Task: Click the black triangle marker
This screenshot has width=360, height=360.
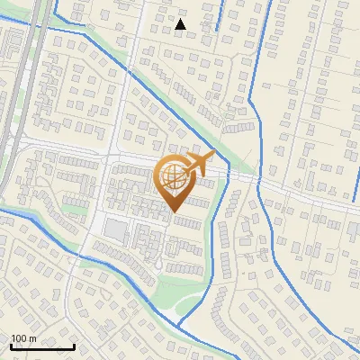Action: point(181,24)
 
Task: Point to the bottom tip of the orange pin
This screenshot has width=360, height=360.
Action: point(174,212)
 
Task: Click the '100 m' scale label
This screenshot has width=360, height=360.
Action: point(23,338)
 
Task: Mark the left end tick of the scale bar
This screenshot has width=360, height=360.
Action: point(11,346)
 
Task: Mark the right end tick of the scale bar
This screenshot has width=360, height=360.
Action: point(74,346)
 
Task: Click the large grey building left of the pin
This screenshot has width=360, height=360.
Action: point(115,230)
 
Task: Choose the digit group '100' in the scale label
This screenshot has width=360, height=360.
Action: point(19,338)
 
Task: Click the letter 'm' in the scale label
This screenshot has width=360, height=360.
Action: point(32,338)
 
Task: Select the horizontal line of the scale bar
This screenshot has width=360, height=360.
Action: point(42,346)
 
